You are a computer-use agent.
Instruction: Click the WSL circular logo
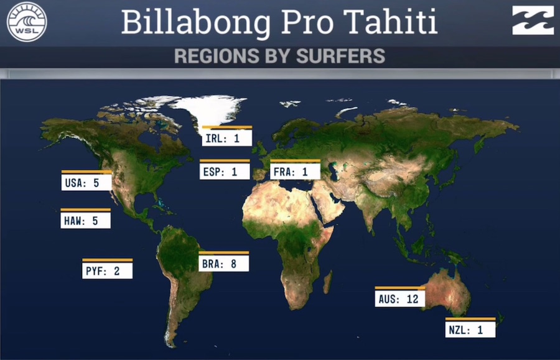[27, 21]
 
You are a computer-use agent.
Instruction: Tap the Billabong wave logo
[533, 21]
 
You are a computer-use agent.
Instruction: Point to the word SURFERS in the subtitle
[341, 56]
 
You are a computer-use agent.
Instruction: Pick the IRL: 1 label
[226, 136]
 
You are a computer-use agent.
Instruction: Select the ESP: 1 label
[225, 170]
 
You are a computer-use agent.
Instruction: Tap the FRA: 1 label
[295, 170]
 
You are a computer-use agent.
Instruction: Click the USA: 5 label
[86, 181]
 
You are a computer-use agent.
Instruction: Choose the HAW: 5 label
[85, 219]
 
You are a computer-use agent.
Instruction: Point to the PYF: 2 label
[107, 269]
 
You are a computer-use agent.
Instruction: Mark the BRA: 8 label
[223, 262]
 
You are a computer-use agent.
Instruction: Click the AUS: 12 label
[400, 297]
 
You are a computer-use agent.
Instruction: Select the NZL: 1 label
[470, 328]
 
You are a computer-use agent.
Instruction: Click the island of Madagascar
[328, 282]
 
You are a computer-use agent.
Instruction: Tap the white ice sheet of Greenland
[211, 109]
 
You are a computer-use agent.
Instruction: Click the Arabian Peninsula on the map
[329, 203]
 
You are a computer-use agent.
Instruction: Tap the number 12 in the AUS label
[413, 299]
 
